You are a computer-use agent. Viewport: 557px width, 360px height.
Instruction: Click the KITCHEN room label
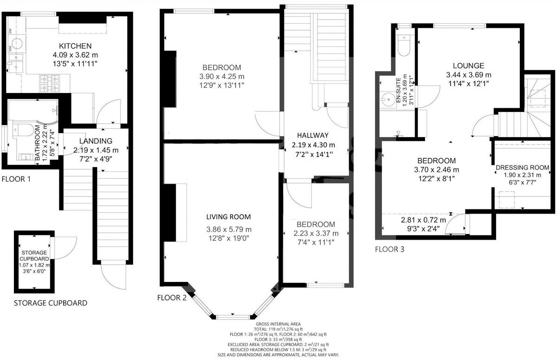pos(75,46)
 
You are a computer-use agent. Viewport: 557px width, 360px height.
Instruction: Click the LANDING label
pos(96,141)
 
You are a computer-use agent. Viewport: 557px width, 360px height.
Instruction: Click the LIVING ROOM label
pos(228,216)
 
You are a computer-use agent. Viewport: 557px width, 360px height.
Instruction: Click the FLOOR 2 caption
pos(172,298)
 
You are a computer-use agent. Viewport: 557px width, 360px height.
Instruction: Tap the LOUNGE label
pos(468,65)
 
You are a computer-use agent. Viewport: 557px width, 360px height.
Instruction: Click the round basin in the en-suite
pos(389,98)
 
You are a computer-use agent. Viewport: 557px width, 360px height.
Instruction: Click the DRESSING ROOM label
pos(522,167)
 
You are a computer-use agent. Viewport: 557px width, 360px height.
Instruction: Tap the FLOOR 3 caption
pos(389,249)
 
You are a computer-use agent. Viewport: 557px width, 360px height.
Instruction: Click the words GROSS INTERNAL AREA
pos(278,324)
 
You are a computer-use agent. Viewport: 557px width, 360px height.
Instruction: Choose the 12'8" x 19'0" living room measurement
pos(228,238)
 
